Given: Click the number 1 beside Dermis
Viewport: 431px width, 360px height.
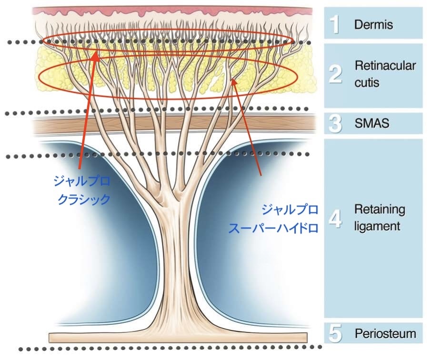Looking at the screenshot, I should pos(336,24).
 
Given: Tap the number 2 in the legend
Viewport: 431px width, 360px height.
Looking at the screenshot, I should pos(336,75).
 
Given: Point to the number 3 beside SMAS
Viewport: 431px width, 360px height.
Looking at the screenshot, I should pos(336,124).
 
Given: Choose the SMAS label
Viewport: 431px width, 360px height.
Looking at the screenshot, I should pos(372,124).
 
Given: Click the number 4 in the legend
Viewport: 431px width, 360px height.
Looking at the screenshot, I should pos(336,218).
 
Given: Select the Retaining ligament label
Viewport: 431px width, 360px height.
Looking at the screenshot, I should pos(380,218).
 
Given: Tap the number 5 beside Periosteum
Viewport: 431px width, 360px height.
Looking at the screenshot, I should pos(336,334).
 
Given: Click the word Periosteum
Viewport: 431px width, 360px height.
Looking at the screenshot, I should pos(385,334).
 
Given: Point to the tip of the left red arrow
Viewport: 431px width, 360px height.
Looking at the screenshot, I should pos(95,54).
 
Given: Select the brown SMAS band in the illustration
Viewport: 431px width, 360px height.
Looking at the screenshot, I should pos(71,124).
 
